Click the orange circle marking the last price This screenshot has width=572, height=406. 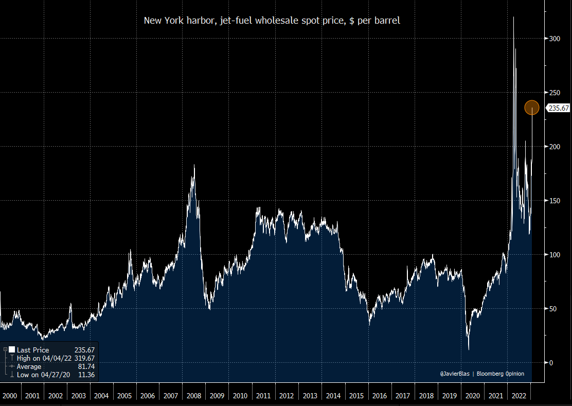[531, 108]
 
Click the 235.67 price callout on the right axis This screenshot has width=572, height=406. [558, 108]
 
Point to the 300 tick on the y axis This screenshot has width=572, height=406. [553, 39]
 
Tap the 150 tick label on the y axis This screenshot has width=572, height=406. [553, 201]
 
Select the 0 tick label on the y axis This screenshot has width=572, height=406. [550, 363]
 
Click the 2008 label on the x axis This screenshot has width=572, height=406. [194, 396]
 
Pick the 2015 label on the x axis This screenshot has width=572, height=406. [356, 396]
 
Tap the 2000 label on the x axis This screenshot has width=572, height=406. [9, 396]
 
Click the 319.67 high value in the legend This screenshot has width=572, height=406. [84, 358]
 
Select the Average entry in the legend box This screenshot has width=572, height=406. [29, 366]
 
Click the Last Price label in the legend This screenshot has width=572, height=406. [33, 350]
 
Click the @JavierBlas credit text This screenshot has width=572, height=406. [456, 374]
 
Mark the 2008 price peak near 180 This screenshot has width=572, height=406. [194, 165]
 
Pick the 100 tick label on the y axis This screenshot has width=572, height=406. [553, 255]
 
